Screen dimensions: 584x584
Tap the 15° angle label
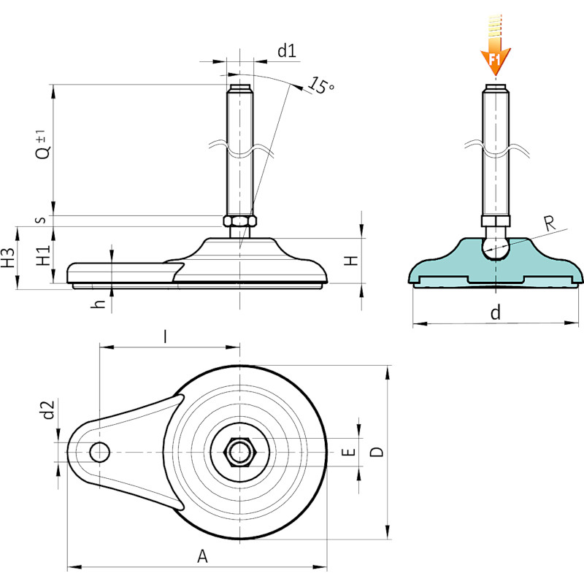click(321, 85)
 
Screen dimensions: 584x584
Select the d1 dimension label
click(287, 50)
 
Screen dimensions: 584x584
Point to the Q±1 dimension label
click(43, 145)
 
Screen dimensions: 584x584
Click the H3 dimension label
click(8, 258)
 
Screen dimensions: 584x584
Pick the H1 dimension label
click(43, 255)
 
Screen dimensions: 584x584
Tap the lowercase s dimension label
click(42, 220)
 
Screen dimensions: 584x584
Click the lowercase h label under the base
click(99, 304)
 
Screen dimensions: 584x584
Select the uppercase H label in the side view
click(350, 261)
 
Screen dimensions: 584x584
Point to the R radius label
click(550, 223)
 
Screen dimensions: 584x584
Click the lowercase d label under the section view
click(496, 312)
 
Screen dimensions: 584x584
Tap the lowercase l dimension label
click(165, 337)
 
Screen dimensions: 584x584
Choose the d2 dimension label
click(48, 410)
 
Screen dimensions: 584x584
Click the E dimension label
click(348, 452)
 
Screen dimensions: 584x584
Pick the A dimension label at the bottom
click(202, 556)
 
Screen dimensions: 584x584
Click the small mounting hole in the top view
click(99, 452)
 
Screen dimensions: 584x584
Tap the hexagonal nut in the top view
click(240, 452)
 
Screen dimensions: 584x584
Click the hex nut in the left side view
click(240, 221)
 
